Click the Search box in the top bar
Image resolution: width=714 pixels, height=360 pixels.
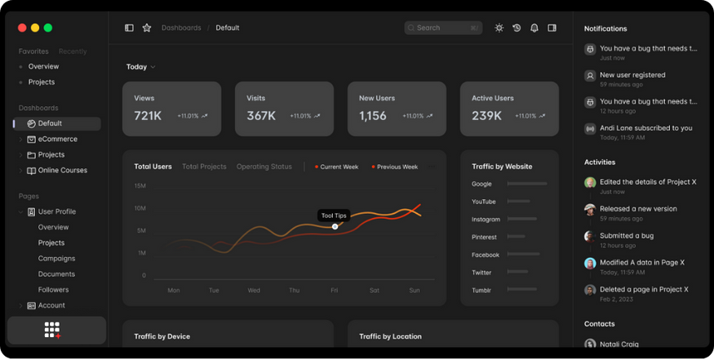(x=441, y=28)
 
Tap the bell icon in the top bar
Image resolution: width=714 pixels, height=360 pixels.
(x=534, y=28)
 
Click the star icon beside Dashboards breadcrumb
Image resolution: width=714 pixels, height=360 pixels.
(x=147, y=28)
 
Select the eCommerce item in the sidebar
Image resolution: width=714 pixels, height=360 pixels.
(x=57, y=140)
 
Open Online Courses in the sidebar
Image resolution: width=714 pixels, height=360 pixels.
(x=62, y=171)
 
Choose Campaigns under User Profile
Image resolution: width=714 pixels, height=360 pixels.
(x=56, y=259)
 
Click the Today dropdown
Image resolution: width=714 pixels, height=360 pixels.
(x=140, y=67)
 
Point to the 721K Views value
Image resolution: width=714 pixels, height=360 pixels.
(x=148, y=116)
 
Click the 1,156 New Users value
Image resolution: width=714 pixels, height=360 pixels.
(x=373, y=116)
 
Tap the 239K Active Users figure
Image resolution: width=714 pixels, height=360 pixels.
(x=486, y=116)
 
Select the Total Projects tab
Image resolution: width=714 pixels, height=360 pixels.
(x=204, y=167)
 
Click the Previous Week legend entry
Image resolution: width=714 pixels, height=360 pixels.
(x=397, y=167)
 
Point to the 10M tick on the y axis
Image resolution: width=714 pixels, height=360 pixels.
(x=140, y=208)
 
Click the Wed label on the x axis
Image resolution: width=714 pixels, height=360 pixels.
(x=254, y=291)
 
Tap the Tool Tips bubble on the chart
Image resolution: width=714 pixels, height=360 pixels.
(x=334, y=216)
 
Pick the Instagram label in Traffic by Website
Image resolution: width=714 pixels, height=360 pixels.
(x=486, y=220)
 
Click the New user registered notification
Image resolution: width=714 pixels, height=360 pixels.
(x=632, y=75)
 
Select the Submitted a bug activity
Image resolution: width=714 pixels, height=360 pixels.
(x=627, y=236)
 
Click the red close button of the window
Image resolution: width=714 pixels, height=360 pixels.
(x=22, y=28)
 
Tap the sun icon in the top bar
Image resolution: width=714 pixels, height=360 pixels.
(x=499, y=28)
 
